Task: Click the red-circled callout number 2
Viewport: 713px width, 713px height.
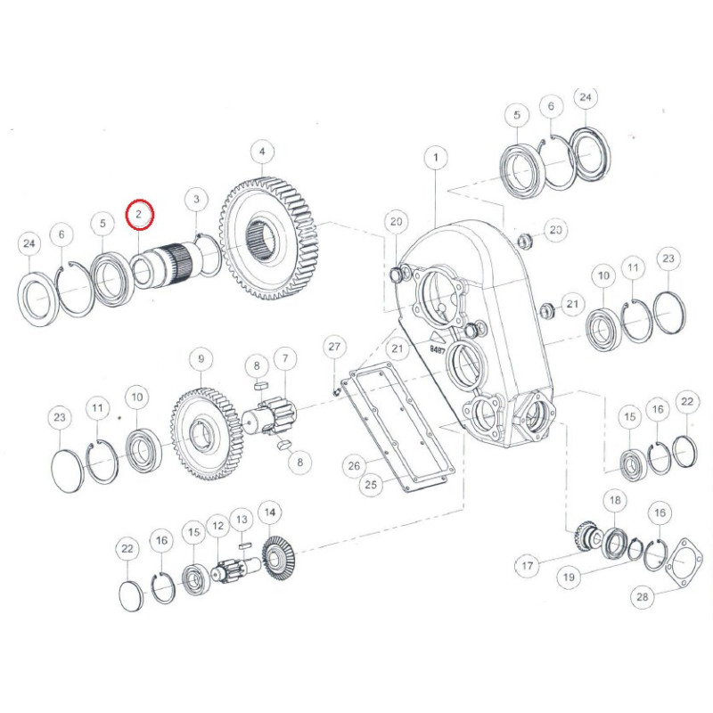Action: pos(141,214)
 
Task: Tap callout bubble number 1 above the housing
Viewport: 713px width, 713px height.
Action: pos(436,158)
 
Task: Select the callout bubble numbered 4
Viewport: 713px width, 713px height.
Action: pos(262,152)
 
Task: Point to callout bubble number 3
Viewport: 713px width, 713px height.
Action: pos(196,199)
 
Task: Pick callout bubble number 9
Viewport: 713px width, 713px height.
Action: pos(201,359)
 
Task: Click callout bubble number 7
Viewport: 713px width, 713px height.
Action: pos(285,358)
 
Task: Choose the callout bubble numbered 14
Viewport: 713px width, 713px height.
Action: pos(270,512)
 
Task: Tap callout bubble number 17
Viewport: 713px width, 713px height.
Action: pos(528,566)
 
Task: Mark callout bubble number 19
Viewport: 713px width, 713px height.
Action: pos(570,577)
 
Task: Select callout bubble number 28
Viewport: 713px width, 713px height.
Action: pos(642,595)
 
